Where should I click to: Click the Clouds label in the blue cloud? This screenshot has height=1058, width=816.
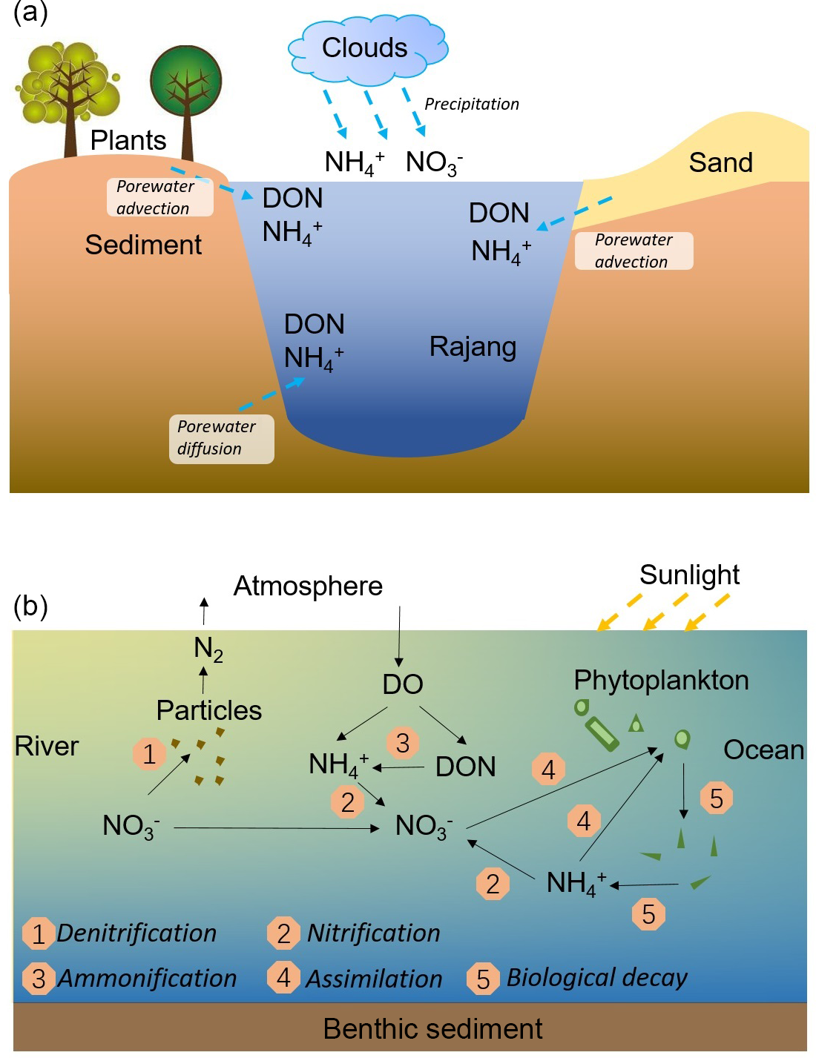(364, 48)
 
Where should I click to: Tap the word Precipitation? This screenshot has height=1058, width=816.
(472, 104)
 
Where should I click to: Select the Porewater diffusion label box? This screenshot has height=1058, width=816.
(221, 438)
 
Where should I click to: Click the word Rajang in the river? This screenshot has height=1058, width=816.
(473, 346)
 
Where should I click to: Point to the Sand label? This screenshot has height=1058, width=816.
(720, 162)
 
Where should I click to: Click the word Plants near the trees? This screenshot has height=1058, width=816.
(128, 140)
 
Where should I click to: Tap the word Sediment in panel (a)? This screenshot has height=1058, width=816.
(143, 245)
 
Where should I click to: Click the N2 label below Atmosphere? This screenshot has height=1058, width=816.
(208, 648)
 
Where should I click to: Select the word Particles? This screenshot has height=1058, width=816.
(208, 710)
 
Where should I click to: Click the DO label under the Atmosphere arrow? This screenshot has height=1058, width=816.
(402, 684)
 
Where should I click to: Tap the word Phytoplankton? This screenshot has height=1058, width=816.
(661, 680)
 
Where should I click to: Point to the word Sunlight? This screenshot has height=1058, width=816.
(689, 575)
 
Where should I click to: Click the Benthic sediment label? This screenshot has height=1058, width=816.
(432, 1028)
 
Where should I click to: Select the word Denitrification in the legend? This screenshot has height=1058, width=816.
(136, 933)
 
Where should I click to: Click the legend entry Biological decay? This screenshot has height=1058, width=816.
(596, 978)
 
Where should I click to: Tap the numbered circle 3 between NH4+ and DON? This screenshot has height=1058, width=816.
(403, 742)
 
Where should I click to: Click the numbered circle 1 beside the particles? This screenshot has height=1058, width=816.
(149, 754)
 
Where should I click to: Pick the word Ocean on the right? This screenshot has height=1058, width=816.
(763, 750)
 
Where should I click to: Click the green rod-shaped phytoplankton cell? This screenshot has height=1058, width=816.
(602, 733)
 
